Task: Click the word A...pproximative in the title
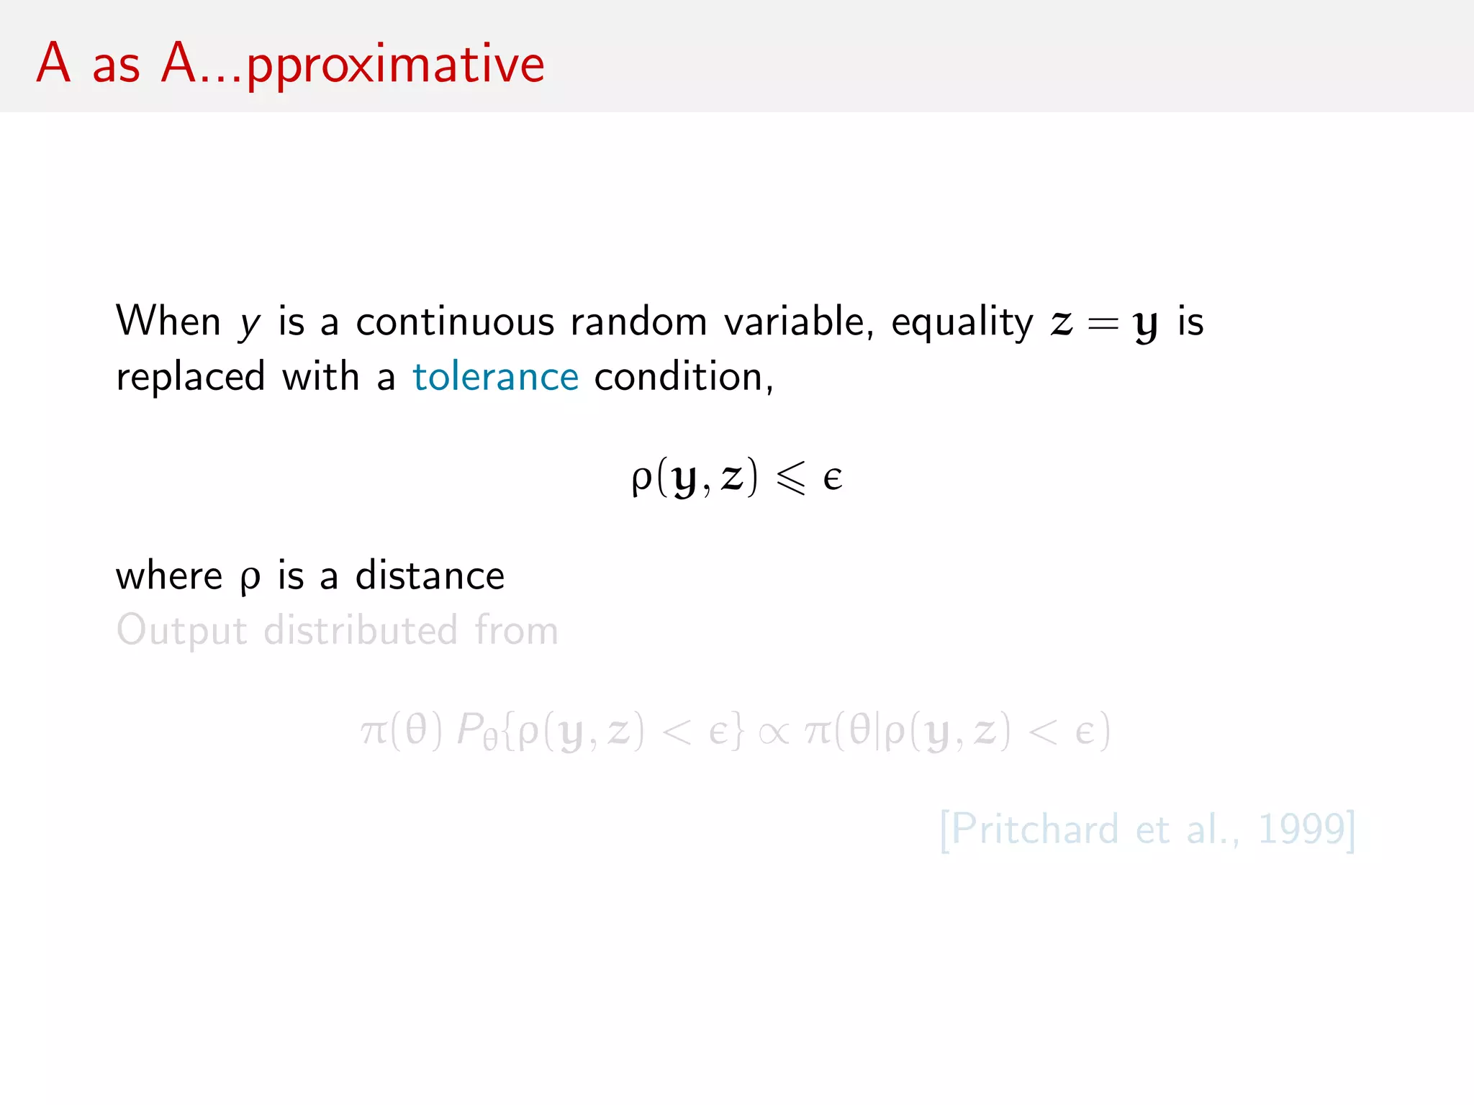point(353,65)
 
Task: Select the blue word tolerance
point(495,377)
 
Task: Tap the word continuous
point(455,322)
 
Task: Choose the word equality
point(962,323)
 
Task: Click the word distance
point(430,576)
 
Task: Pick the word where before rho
point(169,576)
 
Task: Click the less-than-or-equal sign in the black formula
point(790,478)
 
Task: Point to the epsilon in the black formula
point(833,478)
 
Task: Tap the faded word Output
point(181,631)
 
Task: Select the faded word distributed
point(361,630)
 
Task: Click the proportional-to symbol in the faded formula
point(774,732)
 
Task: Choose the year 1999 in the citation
point(1301,829)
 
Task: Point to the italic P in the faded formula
point(470,729)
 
